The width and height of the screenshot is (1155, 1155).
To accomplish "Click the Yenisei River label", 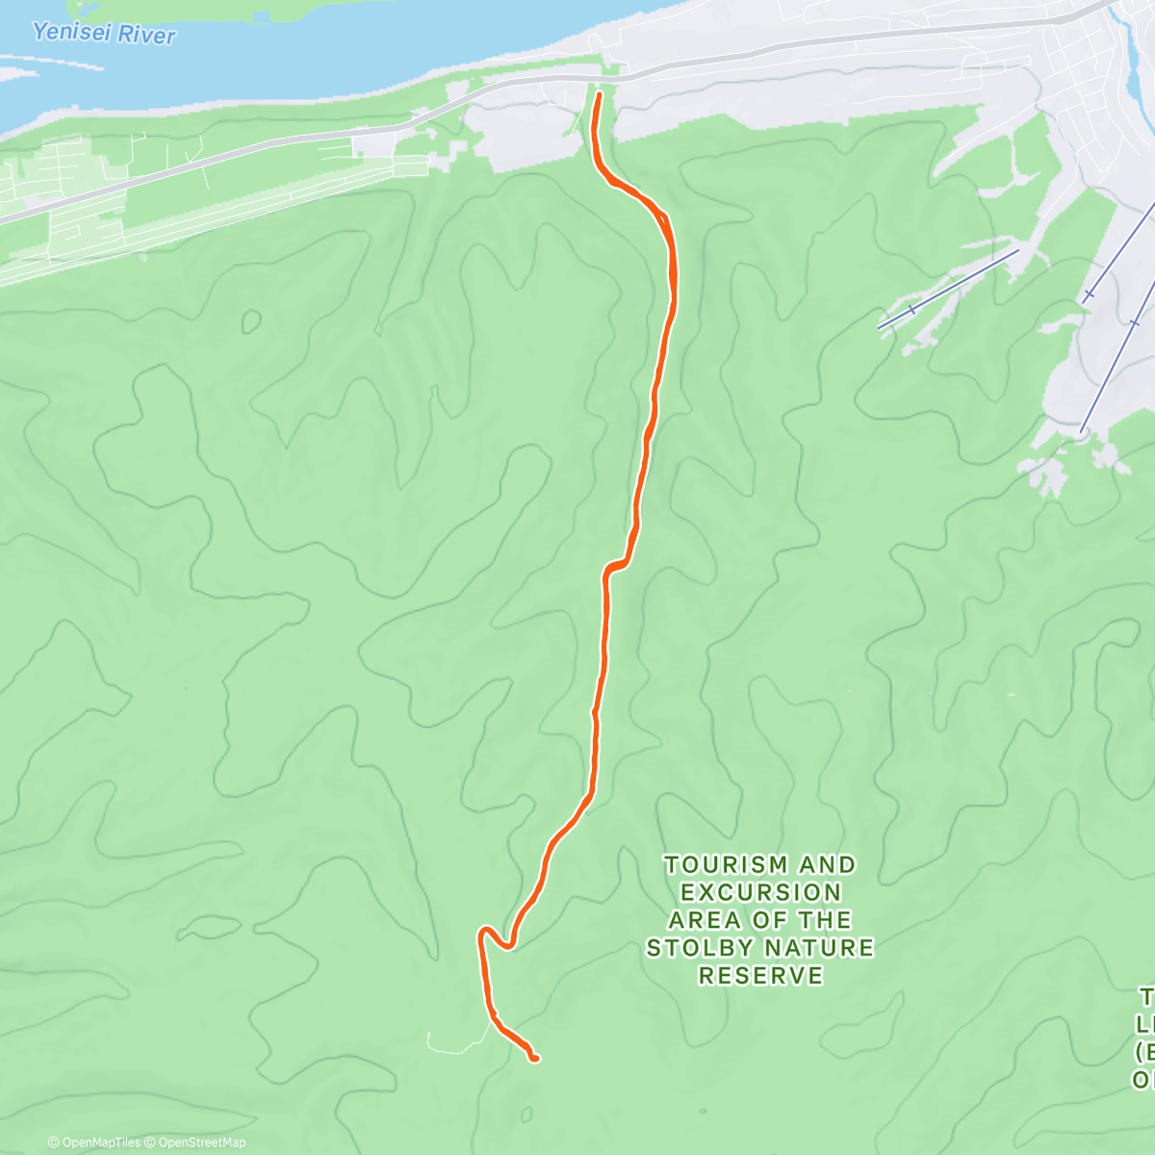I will [x=104, y=34].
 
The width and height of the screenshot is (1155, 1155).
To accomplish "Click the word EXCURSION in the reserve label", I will [x=760, y=892].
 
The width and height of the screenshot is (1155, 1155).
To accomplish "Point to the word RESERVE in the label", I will [x=760, y=976].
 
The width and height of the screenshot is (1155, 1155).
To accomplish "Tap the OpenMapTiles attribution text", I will [x=95, y=1142].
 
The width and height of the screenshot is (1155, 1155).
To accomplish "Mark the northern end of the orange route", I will [x=599, y=95].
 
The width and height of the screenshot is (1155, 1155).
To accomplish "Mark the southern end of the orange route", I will [x=534, y=1059].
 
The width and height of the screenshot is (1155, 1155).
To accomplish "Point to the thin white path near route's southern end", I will [x=452, y=1043].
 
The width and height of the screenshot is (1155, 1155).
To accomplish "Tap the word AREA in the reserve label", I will [x=705, y=920].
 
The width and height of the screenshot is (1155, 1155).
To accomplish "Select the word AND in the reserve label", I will [x=827, y=865].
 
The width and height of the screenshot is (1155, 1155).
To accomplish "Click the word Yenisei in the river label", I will [x=69, y=32].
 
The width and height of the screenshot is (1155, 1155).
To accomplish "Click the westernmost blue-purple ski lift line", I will [x=948, y=289].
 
